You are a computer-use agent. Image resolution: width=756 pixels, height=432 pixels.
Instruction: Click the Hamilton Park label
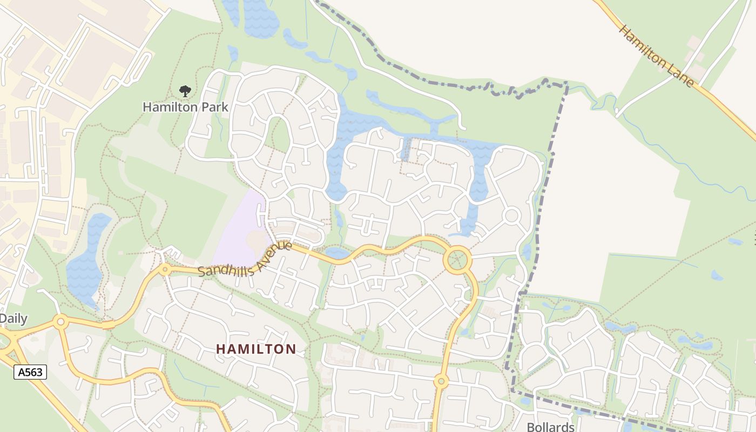click(x=185, y=107)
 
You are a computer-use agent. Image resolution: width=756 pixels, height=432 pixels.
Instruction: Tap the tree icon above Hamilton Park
click(x=185, y=91)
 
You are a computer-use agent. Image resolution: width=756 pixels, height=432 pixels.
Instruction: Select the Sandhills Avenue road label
click(x=246, y=260)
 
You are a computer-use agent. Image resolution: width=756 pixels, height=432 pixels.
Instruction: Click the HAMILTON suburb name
click(x=256, y=349)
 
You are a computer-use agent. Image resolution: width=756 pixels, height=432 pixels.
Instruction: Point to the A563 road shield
click(x=30, y=372)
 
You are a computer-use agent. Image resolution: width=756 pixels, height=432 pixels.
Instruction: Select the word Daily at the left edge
click(x=13, y=319)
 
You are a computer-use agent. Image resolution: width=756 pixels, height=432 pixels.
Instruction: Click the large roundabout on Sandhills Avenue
click(x=457, y=260)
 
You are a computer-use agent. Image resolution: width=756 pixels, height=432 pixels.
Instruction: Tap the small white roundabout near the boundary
click(x=511, y=216)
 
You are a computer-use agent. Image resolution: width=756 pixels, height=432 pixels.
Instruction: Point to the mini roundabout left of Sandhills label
click(x=165, y=268)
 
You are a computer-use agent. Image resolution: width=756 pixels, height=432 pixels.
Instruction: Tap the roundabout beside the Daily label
click(x=60, y=322)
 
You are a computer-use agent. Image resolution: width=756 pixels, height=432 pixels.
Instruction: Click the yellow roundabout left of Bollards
click(x=441, y=382)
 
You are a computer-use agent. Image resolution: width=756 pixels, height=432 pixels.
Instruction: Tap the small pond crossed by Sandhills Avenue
click(x=337, y=253)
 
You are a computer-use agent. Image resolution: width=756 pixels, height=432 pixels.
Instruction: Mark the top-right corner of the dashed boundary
click(x=566, y=83)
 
